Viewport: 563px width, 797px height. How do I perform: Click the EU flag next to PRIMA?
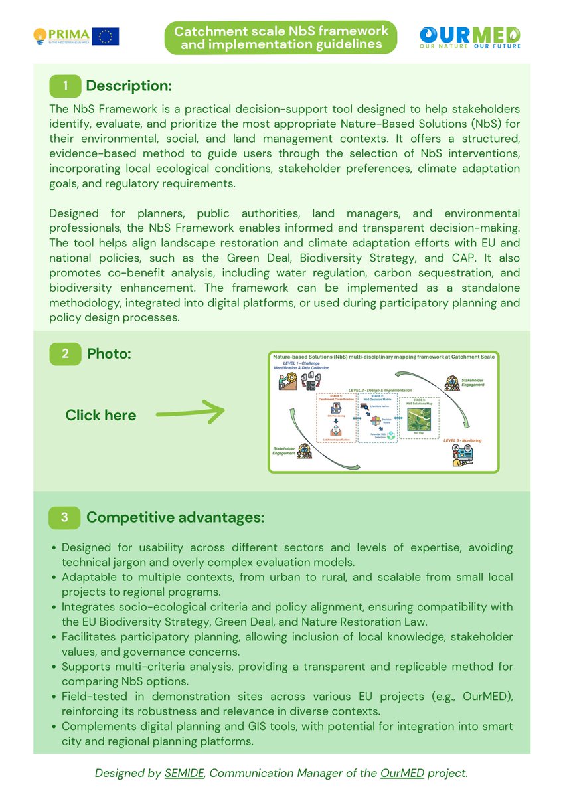point(106,37)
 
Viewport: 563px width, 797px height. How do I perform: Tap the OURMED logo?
point(469,37)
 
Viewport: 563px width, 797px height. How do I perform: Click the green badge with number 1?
point(65,86)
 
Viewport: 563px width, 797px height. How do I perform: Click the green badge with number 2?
point(65,353)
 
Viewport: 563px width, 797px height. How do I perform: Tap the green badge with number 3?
point(65,517)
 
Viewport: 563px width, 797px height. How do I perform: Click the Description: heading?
point(129,86)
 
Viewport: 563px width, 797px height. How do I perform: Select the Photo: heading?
point(109,353)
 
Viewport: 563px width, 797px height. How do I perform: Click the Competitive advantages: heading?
point(175,517)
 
